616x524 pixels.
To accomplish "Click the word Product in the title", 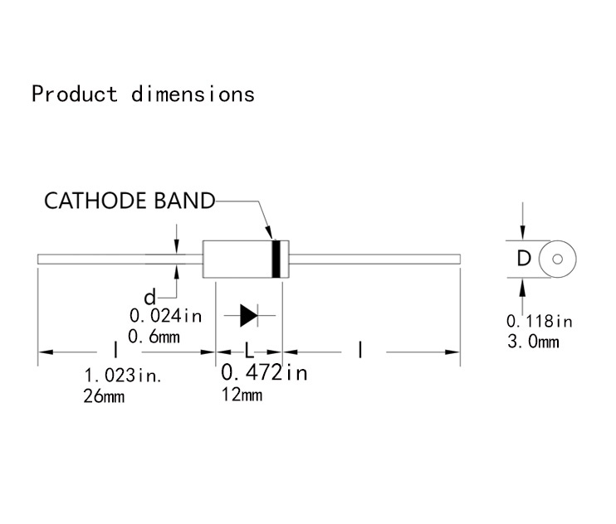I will coord(75,94).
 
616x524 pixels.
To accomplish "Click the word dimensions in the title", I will coord(193,94).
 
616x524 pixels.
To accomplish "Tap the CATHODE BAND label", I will coord(129,201).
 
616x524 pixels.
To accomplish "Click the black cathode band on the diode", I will coord(276,260).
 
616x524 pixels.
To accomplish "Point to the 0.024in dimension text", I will coord(165,315).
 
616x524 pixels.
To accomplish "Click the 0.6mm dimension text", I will coord(154,336).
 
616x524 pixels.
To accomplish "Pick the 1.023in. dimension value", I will coord(124,375).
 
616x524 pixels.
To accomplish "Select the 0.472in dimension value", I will coord(264,373).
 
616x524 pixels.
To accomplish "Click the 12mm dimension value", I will coord(242,395).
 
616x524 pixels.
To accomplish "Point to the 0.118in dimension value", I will coord(540,320).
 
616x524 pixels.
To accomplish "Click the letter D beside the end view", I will coord(523,260).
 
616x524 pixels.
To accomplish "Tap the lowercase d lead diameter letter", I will coord(149,297).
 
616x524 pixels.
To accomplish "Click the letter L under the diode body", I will coord(248,352).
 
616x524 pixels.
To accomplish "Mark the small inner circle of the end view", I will coord(557,260).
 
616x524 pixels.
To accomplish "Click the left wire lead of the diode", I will coord(116,260).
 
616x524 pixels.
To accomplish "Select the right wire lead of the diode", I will coord(374,260).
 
